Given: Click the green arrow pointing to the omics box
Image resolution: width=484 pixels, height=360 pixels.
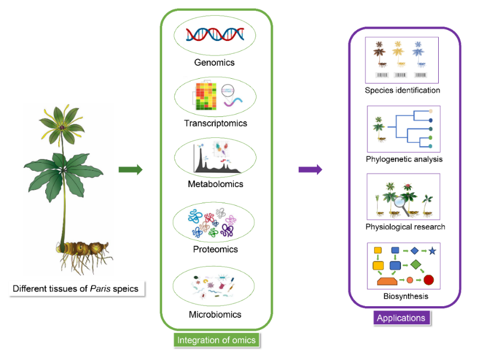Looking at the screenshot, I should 130,170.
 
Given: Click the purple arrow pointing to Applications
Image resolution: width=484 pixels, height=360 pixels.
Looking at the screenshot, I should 310,170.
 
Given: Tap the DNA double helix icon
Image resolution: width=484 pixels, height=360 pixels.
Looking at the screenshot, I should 215,35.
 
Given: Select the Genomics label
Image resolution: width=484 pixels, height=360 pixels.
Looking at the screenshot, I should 215,63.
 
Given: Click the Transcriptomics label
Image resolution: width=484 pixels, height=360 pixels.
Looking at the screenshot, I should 215,123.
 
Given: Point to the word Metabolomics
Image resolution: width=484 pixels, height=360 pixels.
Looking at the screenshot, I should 215,184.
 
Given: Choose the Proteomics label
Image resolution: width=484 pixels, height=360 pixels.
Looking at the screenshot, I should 215,250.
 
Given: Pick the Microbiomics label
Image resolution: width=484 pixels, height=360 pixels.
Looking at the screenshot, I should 215,314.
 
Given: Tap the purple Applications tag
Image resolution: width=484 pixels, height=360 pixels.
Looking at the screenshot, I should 401,318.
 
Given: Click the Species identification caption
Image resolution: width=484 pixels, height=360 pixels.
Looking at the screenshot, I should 402,91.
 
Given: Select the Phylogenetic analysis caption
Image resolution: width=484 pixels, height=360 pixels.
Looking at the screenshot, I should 404,159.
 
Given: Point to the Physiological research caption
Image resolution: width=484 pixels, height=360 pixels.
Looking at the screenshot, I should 405,227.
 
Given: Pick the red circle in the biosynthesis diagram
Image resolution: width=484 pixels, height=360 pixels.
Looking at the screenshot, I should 428,280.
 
